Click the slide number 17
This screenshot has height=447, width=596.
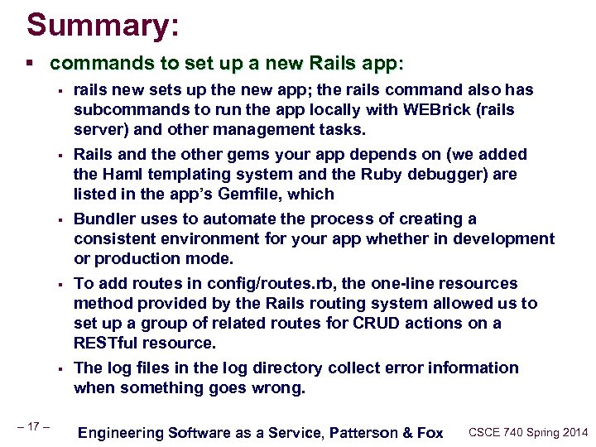pyautogui.click(x=33, y=426)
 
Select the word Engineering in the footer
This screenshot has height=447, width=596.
pyautogui.click(x=120, y=432)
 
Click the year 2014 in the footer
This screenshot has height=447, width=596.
pyautogui.click(x=572, y=432)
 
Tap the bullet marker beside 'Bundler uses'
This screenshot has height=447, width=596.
pyautogui.click(x=61, y=220)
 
